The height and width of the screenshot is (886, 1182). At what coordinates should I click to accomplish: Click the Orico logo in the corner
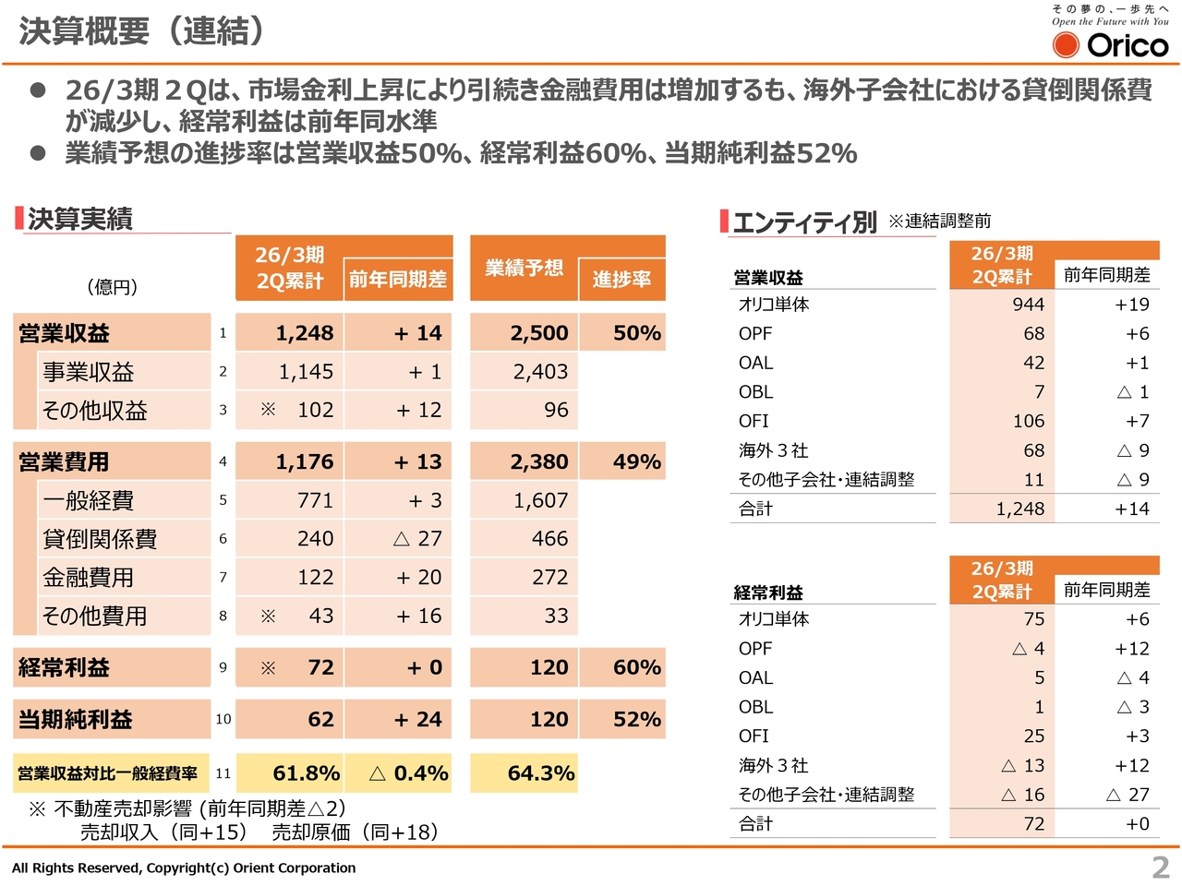[1110, 43]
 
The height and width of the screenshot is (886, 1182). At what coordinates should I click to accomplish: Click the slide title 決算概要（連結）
[142, 31]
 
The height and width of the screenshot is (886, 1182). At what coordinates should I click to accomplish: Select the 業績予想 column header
[524, 268]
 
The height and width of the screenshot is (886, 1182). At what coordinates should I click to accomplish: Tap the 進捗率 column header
[621, 279]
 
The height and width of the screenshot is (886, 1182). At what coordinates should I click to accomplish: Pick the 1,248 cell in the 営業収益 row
[304, 333]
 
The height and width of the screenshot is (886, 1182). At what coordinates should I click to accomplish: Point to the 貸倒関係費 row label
[100, 539]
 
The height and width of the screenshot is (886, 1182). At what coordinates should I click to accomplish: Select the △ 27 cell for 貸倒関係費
[417, 539]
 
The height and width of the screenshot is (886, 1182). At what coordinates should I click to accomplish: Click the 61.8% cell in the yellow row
[306, 773]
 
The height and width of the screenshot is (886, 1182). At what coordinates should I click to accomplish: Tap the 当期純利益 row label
[76, 719]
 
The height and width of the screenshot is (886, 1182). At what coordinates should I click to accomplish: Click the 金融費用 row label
[89, 578]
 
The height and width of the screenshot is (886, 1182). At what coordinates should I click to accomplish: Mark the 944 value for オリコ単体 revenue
[1028, 305]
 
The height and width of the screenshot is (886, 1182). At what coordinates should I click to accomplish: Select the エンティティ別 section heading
[804, 221]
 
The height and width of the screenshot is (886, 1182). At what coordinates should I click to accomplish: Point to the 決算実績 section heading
[80, 219]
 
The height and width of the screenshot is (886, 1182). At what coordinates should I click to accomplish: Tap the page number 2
[1161, 868]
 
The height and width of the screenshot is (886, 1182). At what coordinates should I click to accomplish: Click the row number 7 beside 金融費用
[223, 578]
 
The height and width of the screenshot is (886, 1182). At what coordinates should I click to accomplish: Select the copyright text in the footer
[184, 868]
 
